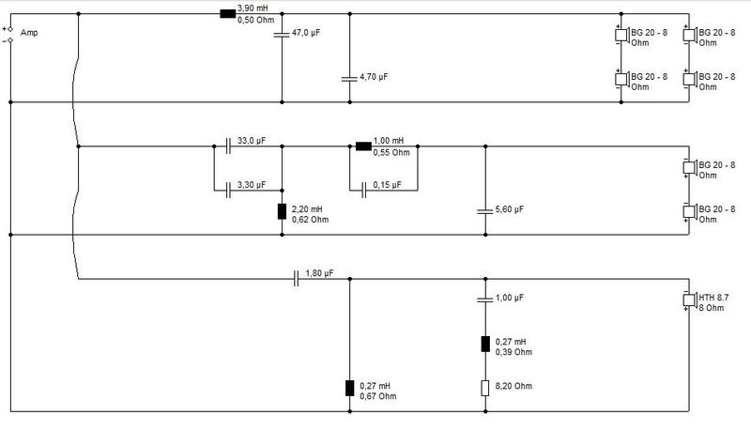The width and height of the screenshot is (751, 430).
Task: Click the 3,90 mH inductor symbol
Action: pos(227,14)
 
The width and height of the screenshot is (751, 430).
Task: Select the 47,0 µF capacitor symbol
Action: pos(282,34)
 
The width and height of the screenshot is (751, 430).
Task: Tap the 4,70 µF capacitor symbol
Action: pos(349,78)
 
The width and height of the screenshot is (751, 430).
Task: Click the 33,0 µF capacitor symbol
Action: pos(228,146)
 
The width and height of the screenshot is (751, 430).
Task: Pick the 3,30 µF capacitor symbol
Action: pos(228,191)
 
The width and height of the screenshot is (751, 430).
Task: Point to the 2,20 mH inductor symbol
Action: pos(283,211)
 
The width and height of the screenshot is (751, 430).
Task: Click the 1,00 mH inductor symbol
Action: pos(363,146)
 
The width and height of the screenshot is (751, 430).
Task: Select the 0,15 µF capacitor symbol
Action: pos(364,191)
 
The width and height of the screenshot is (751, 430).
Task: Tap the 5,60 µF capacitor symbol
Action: pos(485,210)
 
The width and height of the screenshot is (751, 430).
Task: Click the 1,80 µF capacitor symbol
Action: pos(296,279)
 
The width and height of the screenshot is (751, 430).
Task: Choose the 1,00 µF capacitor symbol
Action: pos(485,299)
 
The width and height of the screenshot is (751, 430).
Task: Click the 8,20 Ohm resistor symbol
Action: pos(485,388)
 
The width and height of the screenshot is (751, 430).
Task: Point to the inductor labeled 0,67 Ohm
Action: pos(349,388)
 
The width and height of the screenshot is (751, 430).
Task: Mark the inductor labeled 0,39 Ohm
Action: pos(485,344)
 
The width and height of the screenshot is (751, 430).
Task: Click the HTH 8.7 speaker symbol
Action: pos(689,300)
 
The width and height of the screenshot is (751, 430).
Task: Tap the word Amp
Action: pos(29,33)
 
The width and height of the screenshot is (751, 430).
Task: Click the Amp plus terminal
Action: pos(10,29)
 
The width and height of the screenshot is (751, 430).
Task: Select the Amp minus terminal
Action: pos(10,40)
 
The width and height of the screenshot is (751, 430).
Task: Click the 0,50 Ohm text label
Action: pos(255,20)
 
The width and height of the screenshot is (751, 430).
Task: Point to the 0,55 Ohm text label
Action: pos(391,153)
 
